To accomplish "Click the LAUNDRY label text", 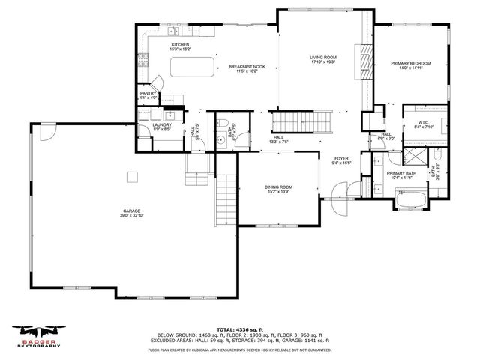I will point(163,126).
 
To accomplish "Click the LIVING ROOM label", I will point(323,58).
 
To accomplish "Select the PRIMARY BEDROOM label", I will point(411,64).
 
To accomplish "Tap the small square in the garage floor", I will point(133,177).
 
